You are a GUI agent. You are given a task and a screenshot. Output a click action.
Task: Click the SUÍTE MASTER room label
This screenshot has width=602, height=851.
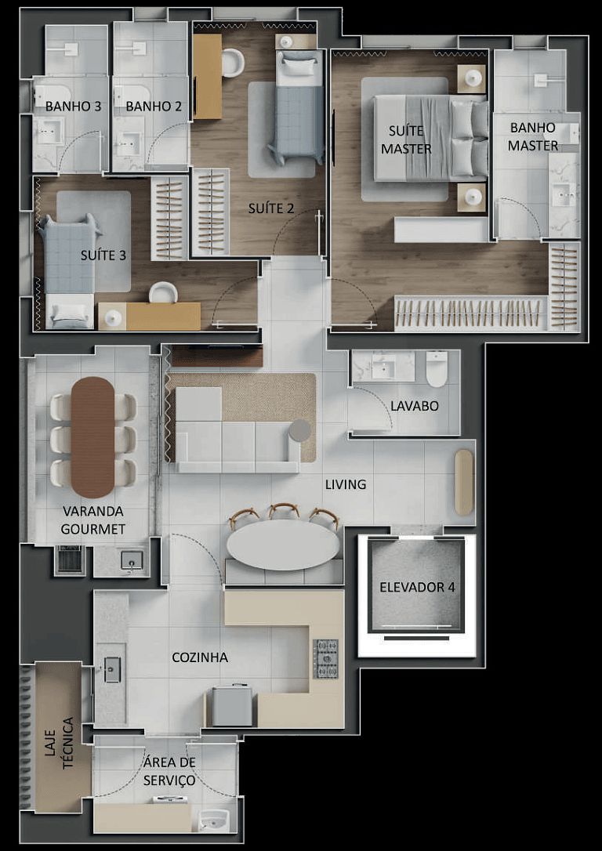(x=404, y=139)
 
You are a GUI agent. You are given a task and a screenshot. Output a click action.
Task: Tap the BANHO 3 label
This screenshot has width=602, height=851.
(x=73, y=107)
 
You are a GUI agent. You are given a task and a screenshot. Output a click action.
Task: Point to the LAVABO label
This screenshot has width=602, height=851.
(x=414, y=406)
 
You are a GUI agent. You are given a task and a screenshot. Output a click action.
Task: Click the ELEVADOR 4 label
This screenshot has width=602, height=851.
(x=417, y=587)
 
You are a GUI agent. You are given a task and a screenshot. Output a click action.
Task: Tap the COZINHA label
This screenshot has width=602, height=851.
(x=200, y=657)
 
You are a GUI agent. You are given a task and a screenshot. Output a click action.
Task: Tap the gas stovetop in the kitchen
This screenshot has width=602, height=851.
(x=325, y=658)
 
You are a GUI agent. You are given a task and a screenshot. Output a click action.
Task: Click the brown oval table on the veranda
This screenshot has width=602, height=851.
(x=93, y=436)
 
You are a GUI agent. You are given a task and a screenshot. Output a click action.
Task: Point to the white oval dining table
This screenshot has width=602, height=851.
(x=283, y=545)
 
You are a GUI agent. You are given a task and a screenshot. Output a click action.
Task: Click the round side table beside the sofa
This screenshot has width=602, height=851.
(x=300, y=430)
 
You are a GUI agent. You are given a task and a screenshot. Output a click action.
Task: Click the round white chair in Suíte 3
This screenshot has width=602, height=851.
(x=163, y=292)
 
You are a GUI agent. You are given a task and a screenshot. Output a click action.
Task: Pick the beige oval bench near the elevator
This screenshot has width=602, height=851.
(x=464, y=481)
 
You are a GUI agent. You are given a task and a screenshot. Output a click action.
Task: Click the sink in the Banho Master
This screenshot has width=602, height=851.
(x=563, y=193)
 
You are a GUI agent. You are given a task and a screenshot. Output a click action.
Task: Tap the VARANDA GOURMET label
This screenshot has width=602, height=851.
(x=93, y=520)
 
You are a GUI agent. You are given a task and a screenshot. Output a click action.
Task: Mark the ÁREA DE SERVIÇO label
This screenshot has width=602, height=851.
(x=169, y=771)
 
